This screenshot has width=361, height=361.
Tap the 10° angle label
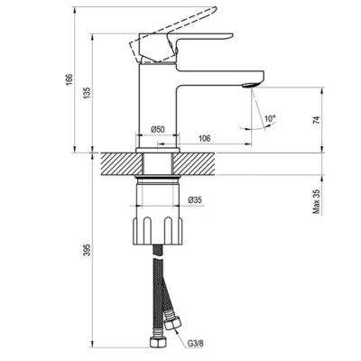pos(268,118)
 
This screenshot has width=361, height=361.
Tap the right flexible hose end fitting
pos(177,325)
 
